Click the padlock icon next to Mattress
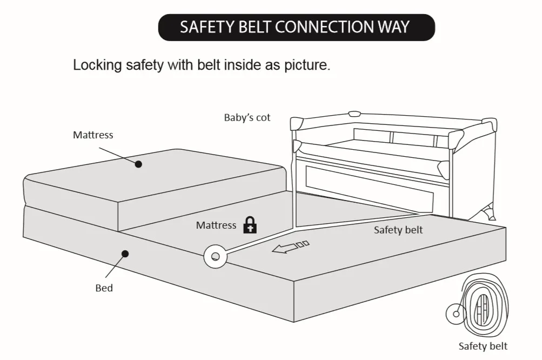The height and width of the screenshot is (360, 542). [249, 225]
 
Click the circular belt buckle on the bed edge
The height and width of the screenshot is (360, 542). [215, 256]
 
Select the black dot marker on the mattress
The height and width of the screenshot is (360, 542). [138, 164]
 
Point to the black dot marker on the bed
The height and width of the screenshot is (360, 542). [125, 253]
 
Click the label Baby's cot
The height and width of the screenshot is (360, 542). [247, 117]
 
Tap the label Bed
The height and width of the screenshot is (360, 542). [104, 288]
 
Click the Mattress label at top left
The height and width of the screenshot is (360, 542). [93, 135]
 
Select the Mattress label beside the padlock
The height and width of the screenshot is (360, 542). [216, 225]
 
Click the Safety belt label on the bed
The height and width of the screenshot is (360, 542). [398, 230]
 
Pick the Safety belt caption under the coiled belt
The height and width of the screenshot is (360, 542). [483, 346]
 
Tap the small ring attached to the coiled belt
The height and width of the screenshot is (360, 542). [456, 314]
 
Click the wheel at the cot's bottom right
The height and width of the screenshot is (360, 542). [491, 212]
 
